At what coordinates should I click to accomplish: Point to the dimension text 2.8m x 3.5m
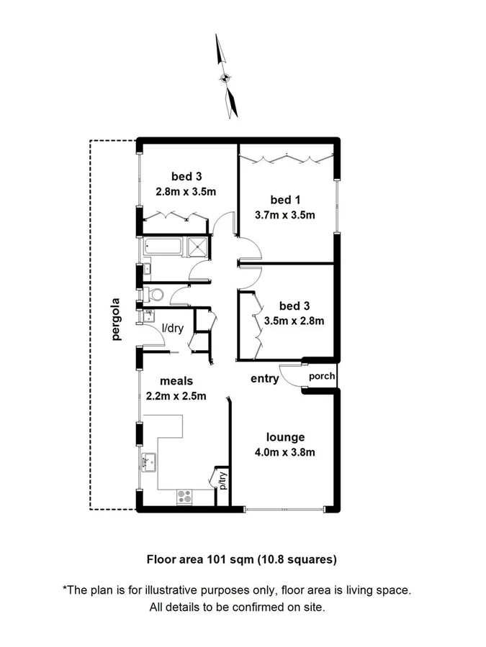186,192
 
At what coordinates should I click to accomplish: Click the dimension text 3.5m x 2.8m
294,321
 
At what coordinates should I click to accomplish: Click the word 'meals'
176,381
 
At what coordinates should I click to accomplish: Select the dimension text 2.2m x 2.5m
176,396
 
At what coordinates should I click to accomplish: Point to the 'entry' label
264,379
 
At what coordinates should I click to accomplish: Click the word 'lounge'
285,436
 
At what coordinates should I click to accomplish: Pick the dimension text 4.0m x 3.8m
285,452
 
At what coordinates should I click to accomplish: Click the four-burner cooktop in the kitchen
184,495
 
